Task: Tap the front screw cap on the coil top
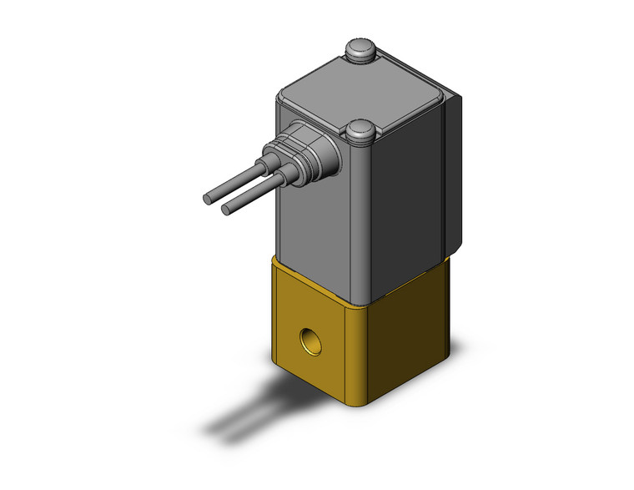point(360,131)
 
